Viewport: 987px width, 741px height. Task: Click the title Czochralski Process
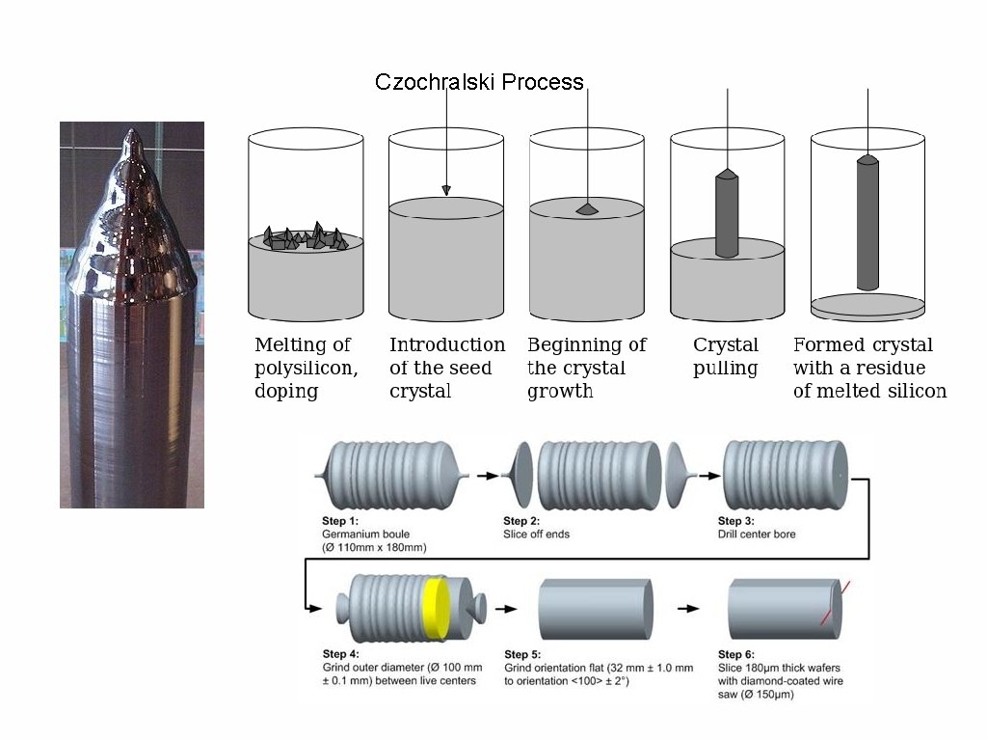coord(479,82)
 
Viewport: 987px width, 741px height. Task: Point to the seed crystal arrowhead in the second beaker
coord(446,190)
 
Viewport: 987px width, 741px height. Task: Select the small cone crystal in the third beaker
coord(587,208)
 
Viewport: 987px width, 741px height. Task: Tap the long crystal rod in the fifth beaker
coord(868,223)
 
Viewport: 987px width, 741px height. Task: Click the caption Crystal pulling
coord(726,356)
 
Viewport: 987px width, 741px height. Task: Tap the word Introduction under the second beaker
coord(447,344)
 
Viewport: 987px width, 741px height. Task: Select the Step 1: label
coord(339,521)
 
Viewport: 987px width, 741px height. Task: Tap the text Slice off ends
coord(537,534)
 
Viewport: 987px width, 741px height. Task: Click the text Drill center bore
coord(757,534)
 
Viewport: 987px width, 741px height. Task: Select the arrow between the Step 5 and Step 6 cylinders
coord(687,609)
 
